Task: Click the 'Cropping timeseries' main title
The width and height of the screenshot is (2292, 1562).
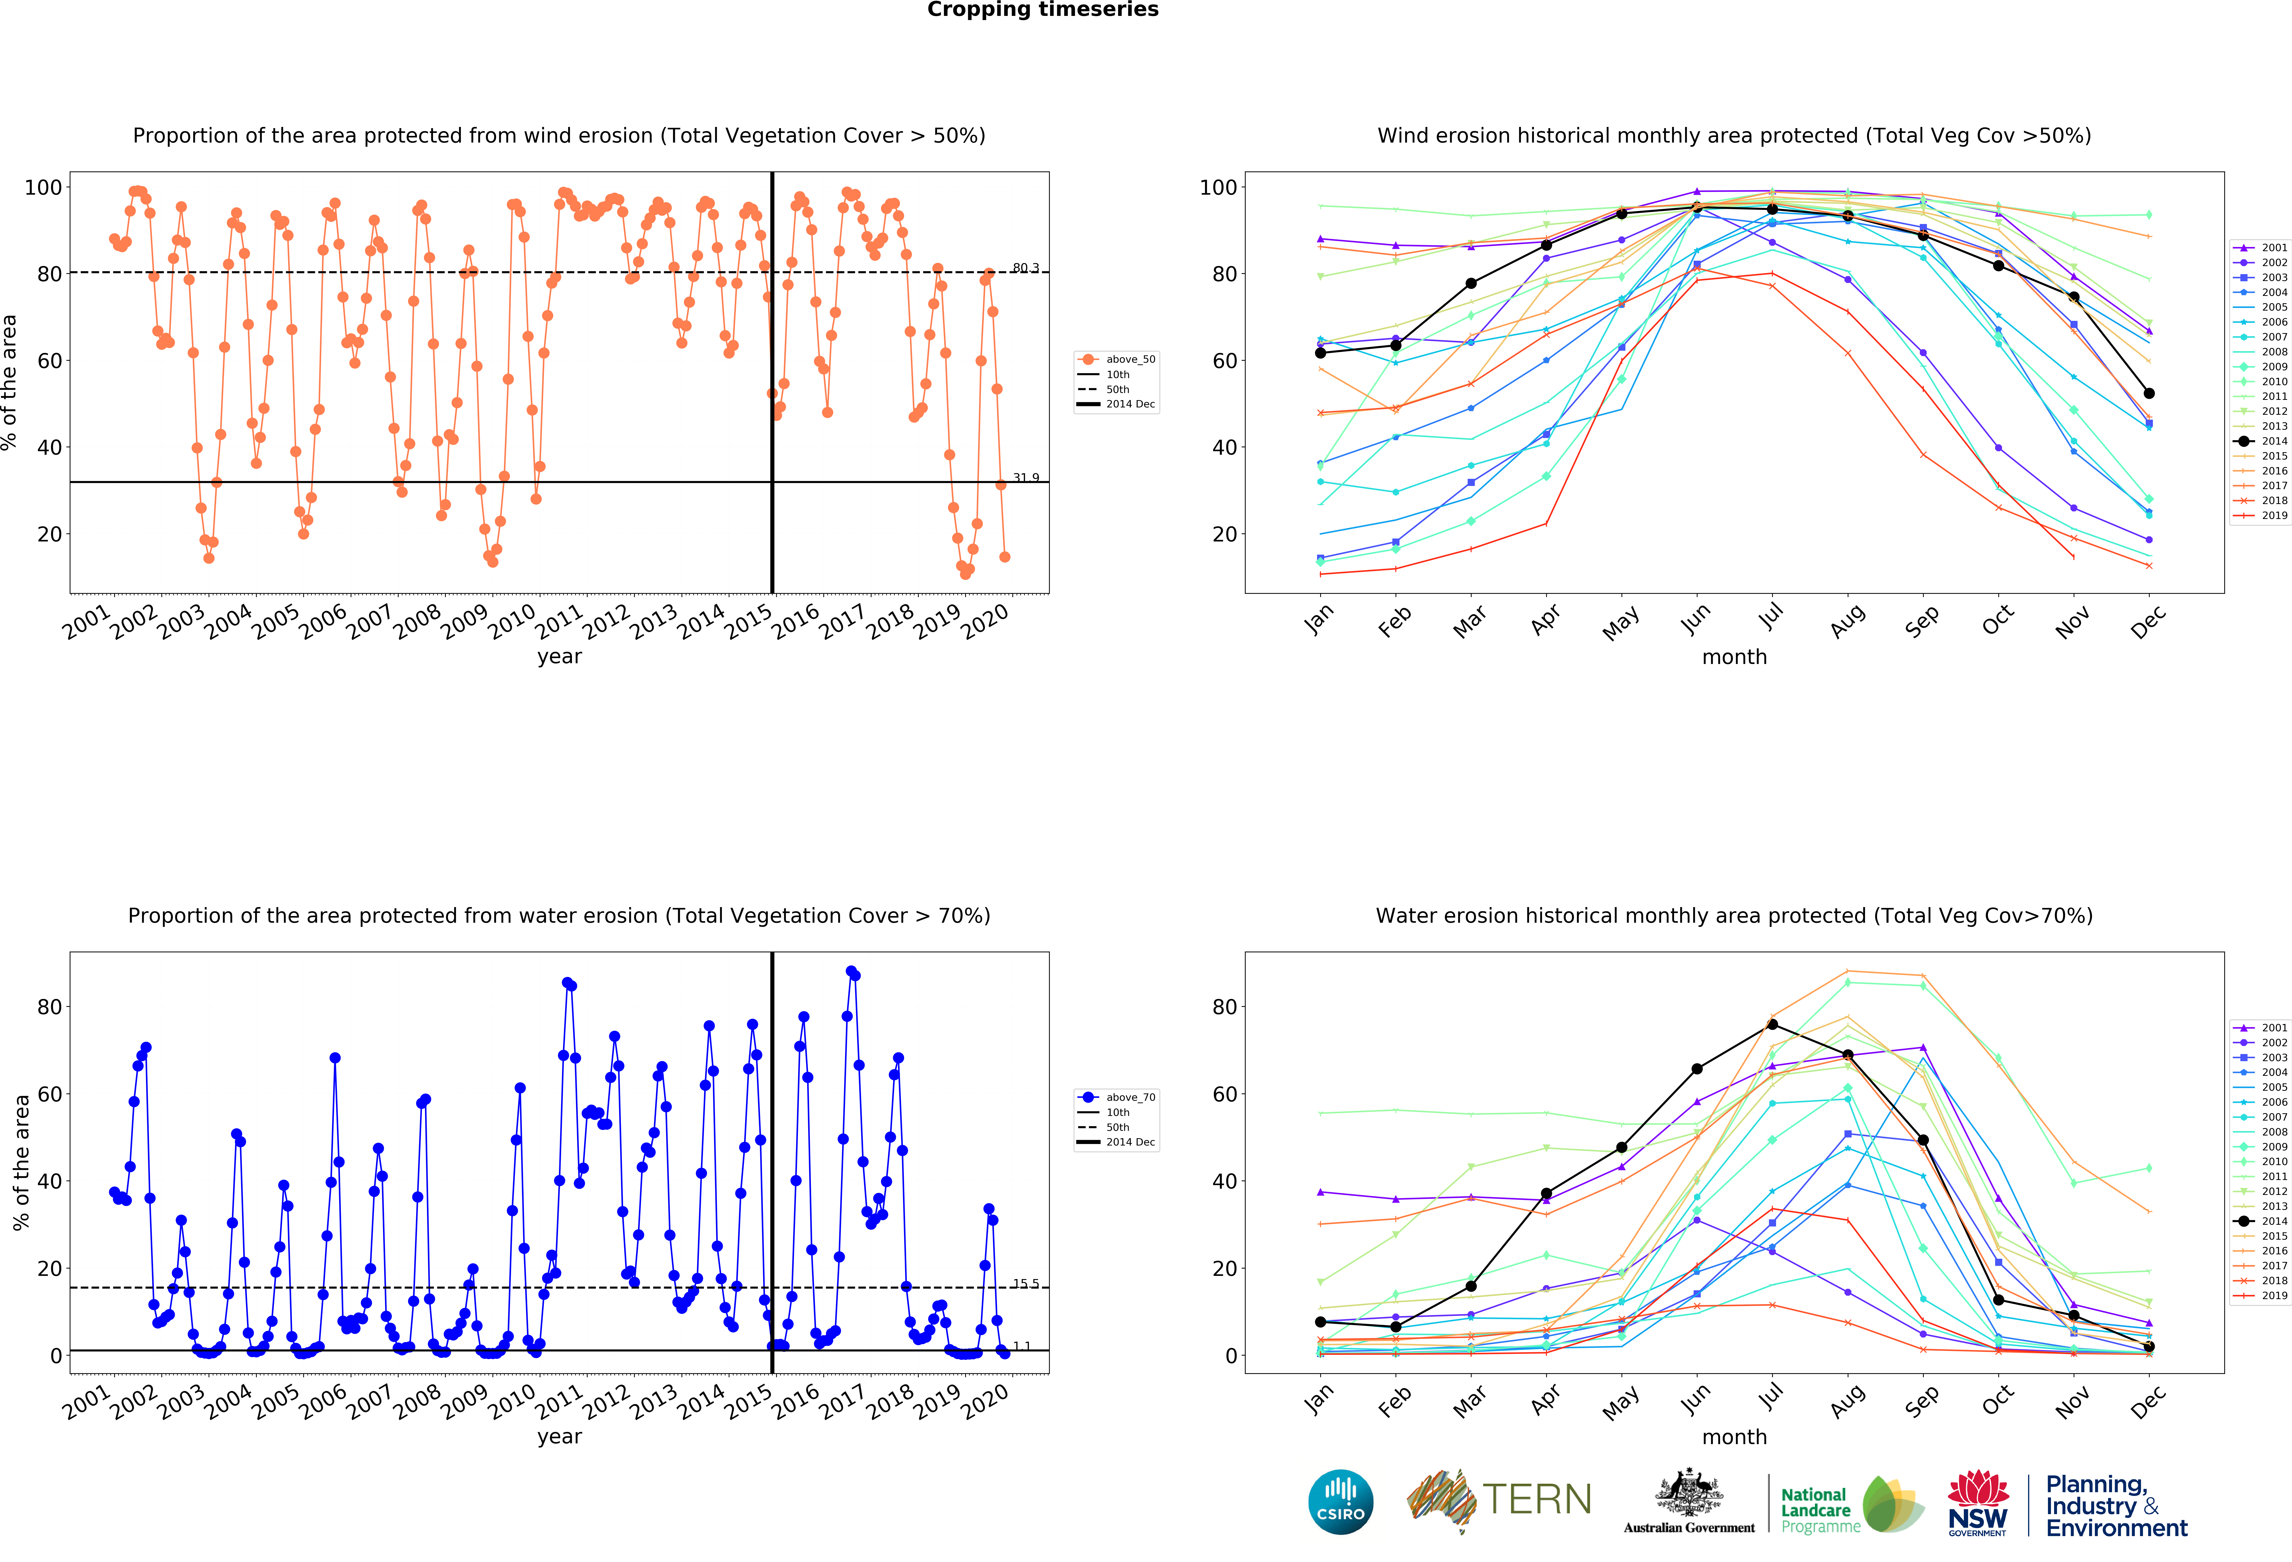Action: point(1042,10)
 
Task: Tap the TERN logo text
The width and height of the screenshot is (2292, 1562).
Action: point(1538,1500)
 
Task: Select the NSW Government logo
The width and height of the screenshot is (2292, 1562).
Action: point(1977,1503)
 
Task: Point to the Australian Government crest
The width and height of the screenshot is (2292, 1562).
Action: point(1689,1493)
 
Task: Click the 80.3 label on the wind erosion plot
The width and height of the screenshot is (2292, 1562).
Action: point(1026,268)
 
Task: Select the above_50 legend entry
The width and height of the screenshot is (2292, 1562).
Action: point(1117,359)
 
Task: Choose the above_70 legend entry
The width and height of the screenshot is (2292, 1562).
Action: point(1117,1097)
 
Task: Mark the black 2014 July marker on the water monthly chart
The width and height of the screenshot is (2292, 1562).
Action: point(1772,1024)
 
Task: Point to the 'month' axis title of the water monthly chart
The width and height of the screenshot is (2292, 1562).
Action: point(1734,1437)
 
